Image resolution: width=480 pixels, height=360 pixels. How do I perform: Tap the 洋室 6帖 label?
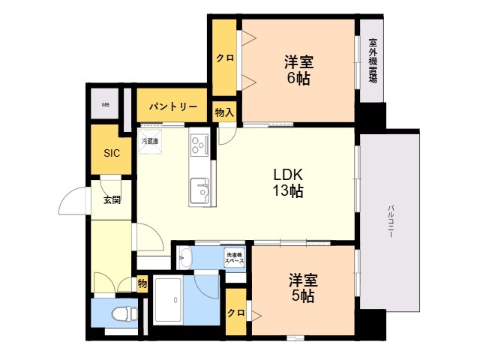click(298, 69)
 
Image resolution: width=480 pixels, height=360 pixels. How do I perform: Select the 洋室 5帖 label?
click(304, 288)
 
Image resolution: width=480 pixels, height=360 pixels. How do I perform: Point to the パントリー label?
click(172, 106)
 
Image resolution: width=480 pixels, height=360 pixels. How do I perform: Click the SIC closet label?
click(111, 154)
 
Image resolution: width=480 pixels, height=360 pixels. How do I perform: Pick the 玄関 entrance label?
click(112, 199)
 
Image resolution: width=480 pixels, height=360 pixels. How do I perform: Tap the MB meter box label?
click(106, 105)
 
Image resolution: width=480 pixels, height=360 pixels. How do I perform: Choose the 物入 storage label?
click(224, 113)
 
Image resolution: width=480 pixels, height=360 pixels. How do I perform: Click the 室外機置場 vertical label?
click(373, 60)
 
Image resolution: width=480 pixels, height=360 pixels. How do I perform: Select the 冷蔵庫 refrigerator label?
click(150, 140)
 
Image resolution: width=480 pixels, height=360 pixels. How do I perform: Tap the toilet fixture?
click(118, 313)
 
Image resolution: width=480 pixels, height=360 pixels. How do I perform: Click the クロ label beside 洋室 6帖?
click(223, 58)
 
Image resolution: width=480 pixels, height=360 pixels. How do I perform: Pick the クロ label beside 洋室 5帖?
click(235, 313)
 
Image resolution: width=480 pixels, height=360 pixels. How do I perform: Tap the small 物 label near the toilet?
click(142, 284)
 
